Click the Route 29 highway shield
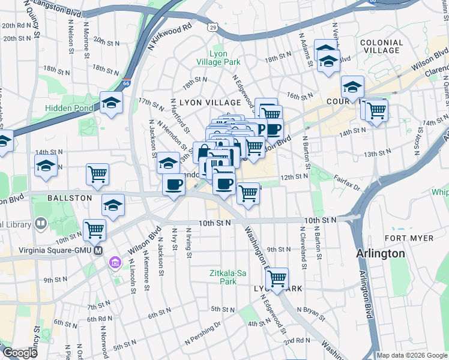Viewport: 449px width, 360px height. (212, 27)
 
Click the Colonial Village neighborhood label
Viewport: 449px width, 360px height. (381, 46)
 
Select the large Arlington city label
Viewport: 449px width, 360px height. (380, 253)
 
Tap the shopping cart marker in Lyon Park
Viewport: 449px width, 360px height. (277, 278)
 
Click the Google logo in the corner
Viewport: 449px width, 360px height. (19, 353)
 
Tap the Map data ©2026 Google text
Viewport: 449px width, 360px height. (412, 355)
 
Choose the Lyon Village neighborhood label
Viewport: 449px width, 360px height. (201, 103)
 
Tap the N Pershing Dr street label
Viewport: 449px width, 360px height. (203, 333)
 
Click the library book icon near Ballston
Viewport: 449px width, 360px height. (41, 223)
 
